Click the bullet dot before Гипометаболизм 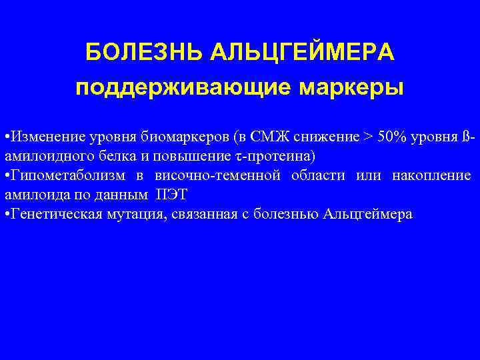[6, 176]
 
